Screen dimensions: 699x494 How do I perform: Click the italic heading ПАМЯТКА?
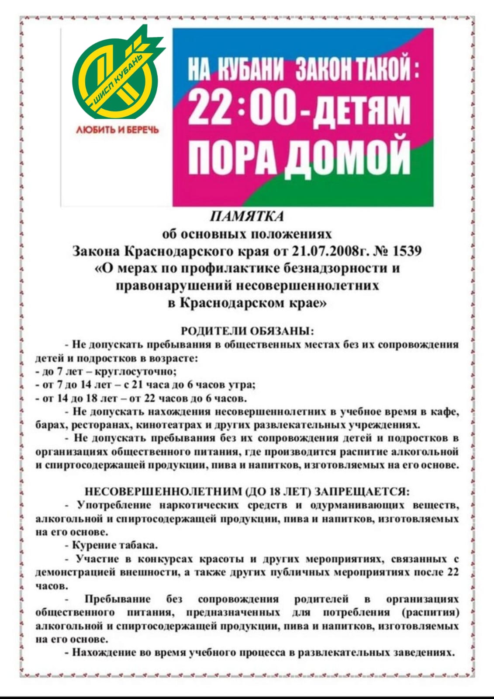247,216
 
